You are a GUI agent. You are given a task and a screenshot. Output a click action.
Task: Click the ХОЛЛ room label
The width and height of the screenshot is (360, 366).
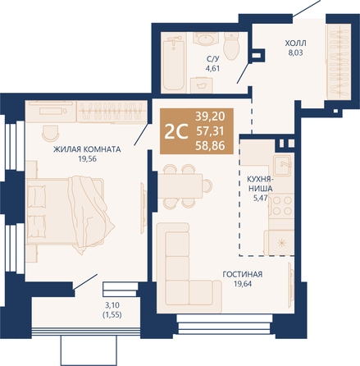(x=296, y=43)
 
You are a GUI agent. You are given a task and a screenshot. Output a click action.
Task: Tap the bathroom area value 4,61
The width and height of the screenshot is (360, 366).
(x=212, y=68)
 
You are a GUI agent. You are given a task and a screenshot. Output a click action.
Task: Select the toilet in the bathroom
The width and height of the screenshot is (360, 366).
(x=231, y=45)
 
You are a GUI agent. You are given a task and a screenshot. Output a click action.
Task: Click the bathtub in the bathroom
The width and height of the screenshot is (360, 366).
(x=173, y=65)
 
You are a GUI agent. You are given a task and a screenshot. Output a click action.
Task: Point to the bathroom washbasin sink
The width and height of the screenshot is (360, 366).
(x=206, y=40)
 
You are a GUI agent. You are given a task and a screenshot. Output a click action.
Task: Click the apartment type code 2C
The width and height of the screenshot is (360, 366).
(x=176, y=131)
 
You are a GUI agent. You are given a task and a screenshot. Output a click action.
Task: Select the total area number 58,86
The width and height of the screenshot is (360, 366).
(x=210, y=146)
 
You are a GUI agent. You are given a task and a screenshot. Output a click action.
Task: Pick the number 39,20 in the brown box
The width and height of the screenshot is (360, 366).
(x=210, y=117)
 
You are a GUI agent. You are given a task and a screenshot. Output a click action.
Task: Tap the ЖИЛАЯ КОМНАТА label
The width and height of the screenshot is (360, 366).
(x=87, y=149)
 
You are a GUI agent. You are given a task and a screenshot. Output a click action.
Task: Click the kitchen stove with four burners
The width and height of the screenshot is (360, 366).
(x=282, y=206)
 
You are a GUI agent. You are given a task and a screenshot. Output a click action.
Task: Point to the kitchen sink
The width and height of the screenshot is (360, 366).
(x=283, y=165)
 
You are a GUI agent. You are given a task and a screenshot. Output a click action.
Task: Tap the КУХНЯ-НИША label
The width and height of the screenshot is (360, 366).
(x=260, y=184)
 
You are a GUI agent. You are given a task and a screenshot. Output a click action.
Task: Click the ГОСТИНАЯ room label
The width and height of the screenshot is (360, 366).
(x=243, y=274)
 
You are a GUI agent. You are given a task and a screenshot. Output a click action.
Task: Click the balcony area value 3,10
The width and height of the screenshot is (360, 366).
(x=112, y=305)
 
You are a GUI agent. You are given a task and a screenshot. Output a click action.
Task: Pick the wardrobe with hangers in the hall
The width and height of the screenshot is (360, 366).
(x=339, y=61)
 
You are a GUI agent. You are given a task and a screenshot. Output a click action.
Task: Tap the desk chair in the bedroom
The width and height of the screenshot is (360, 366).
(x=51, y=132)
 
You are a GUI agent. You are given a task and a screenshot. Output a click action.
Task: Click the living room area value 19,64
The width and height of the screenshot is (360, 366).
(x=243, y=284)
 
